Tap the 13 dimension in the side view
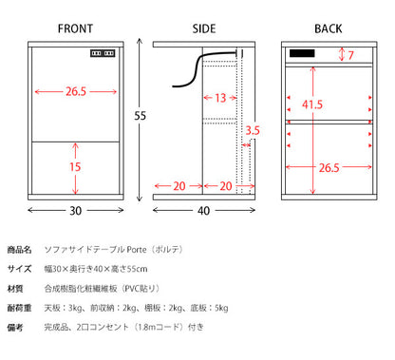[x=219, y=97]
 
